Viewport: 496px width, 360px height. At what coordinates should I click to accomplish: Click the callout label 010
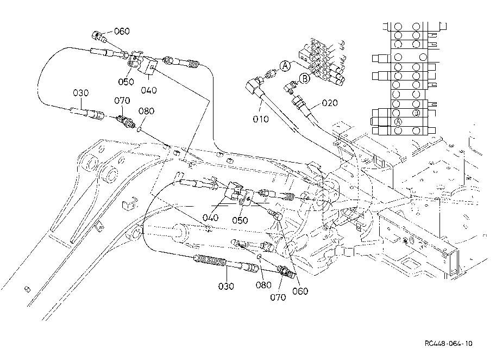tap(261, 119)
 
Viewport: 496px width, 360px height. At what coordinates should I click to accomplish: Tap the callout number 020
tap(330, 103)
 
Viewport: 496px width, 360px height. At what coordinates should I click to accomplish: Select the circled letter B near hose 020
tap(305, 78)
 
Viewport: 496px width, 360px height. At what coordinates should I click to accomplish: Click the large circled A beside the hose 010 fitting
tap(285, 66)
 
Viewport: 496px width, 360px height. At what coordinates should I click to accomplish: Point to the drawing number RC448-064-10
tap(448, 344)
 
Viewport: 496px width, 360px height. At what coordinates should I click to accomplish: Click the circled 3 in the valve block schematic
tap(416, 113)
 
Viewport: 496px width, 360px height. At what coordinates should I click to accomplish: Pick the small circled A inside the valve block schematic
tap(398, 122)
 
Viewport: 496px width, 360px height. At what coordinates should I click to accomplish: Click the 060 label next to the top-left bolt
tap(122, 31)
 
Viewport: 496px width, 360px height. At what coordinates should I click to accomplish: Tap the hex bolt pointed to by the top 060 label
tap(99, 37)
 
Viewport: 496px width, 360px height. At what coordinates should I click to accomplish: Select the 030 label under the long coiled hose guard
tap(226, 286)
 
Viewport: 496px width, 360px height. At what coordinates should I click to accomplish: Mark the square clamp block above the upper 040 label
tap(147, 66)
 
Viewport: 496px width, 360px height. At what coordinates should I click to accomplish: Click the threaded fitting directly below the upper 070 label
tap(126, 122)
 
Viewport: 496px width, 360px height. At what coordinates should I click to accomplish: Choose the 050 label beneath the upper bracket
tap(126, 82)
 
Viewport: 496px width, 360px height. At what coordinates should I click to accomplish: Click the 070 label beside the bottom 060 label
tap(278, 297)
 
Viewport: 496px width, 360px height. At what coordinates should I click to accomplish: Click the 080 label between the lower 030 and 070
tap(263, 285)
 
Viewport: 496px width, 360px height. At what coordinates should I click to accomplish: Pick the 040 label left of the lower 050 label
tap(210, 218)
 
